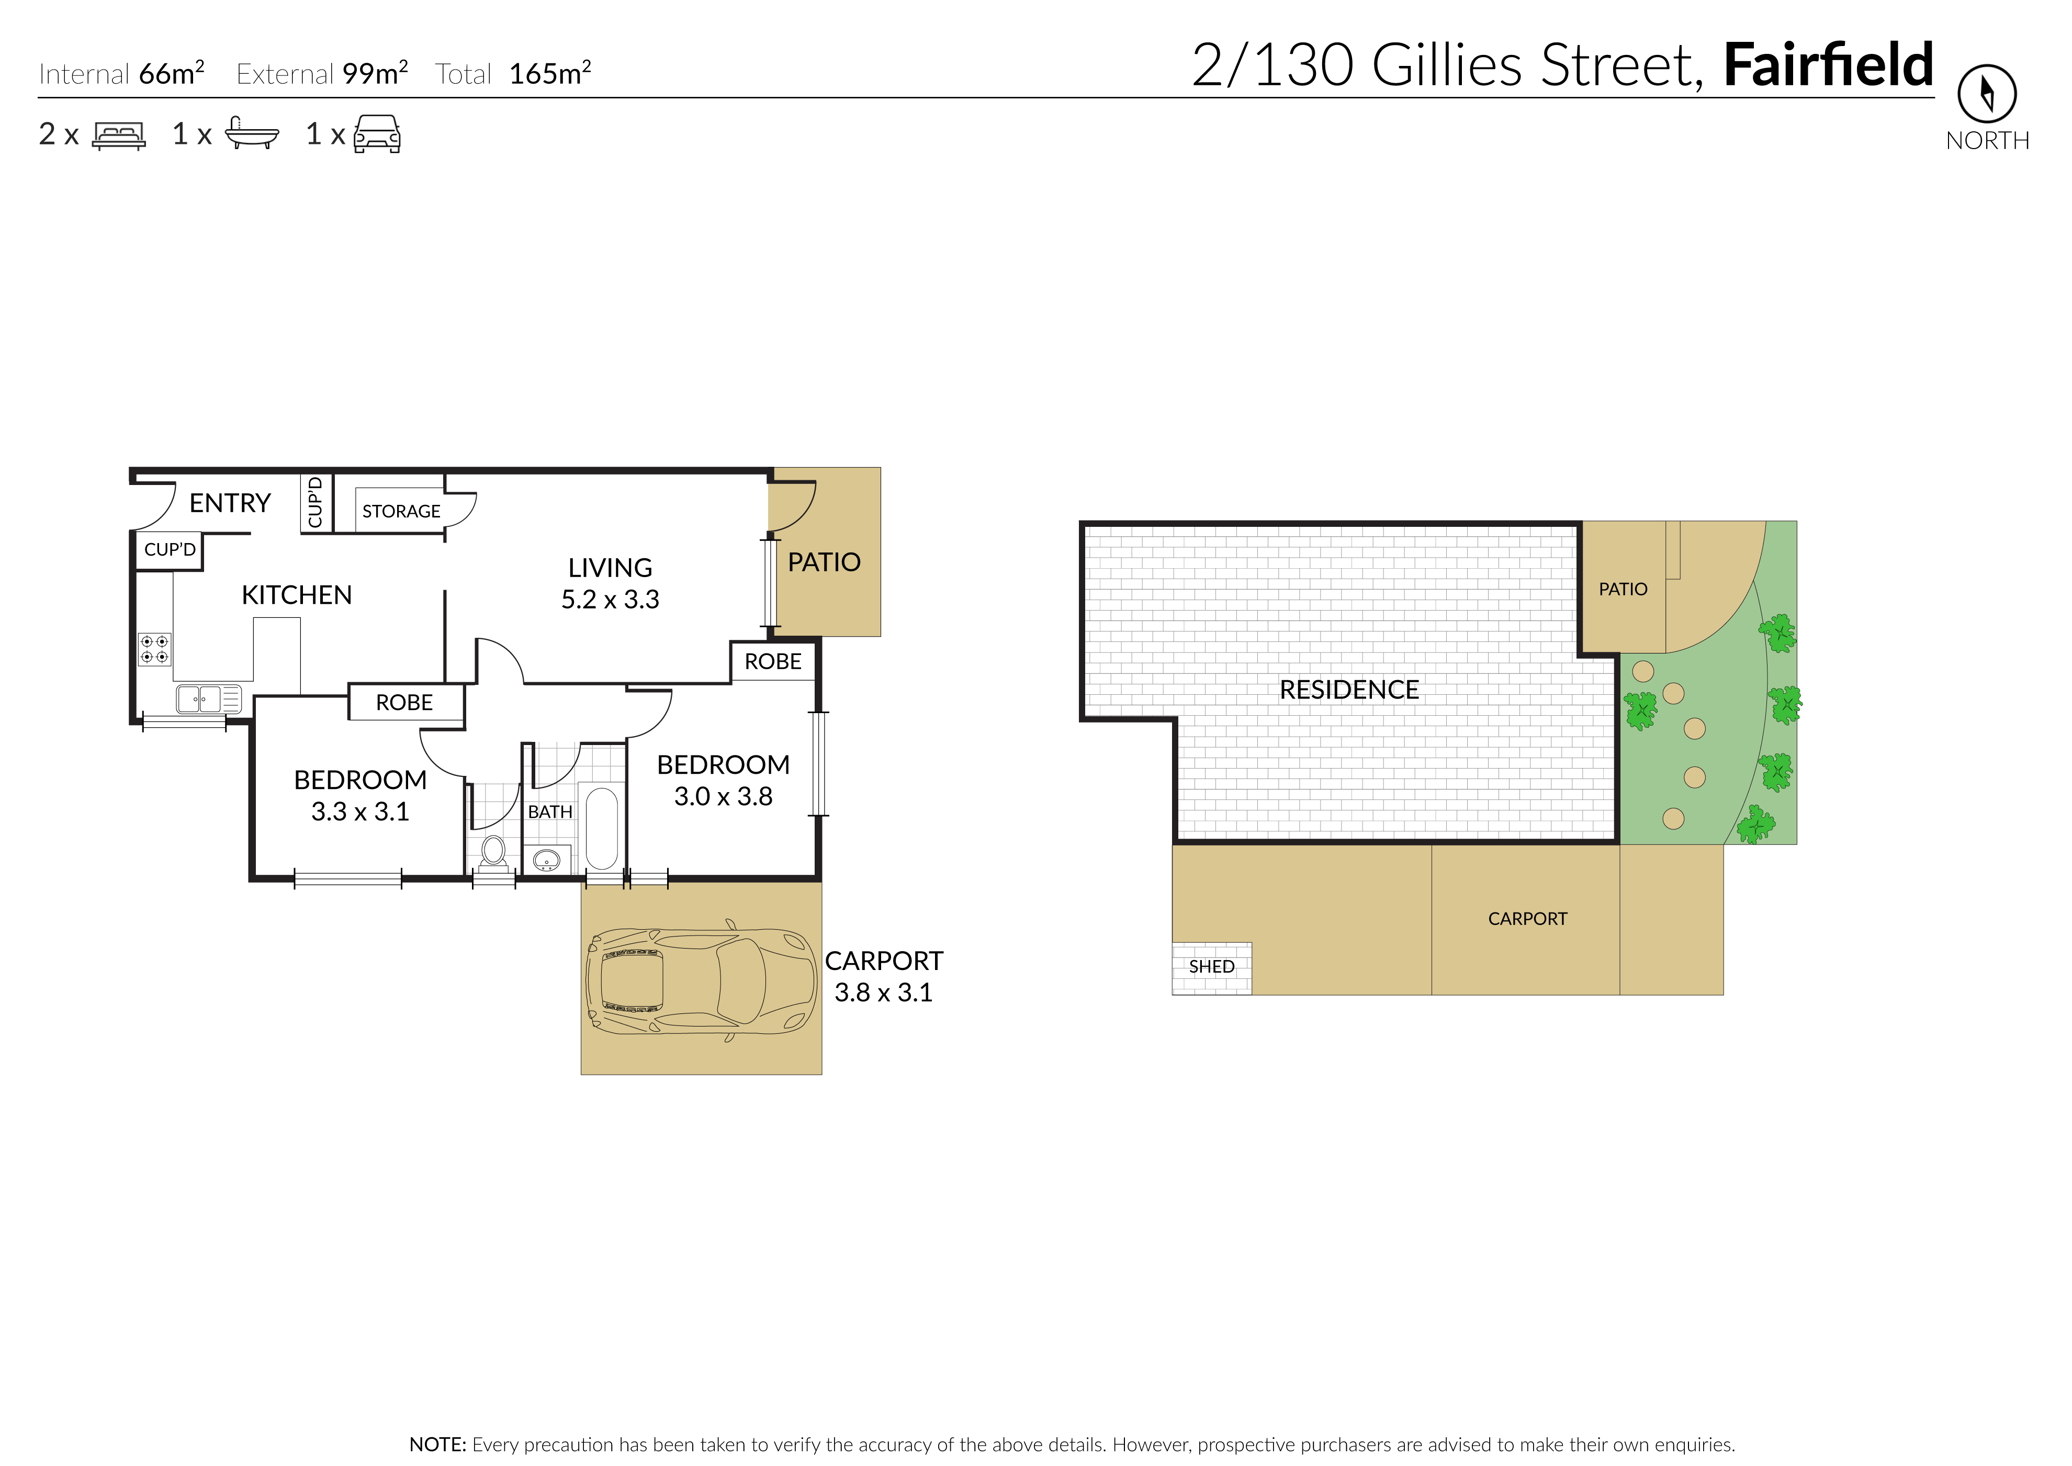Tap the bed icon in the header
118,136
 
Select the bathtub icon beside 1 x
251,133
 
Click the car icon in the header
377,133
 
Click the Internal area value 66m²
172,72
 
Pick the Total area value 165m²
550,72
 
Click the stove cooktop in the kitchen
154,649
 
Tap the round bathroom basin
546,861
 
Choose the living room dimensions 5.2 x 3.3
610,600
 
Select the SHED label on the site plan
1212,967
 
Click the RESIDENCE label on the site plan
1349,690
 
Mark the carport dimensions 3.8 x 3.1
883,992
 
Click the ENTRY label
230,503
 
